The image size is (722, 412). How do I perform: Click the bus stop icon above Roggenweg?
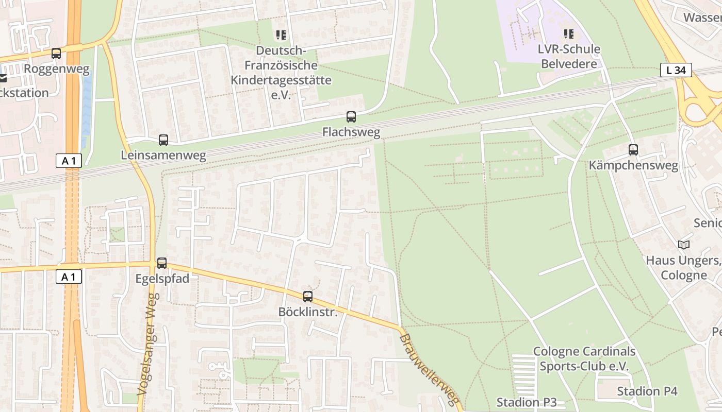tap(56, 53)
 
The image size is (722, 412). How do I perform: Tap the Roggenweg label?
tap(57, 69)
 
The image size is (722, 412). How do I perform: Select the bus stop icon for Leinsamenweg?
tap(163, 140)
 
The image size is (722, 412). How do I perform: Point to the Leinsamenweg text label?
tap(163, 155)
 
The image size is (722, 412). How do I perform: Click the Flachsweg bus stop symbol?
tap(351, 117)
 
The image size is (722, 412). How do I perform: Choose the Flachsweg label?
tap(351, 132)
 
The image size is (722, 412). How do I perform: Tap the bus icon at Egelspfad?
tap(162, 263)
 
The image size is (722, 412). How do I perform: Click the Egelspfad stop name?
tap(162, 279)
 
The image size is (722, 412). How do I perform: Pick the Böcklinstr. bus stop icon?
tap(308, 297)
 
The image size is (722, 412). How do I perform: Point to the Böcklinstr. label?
tap(308, 312)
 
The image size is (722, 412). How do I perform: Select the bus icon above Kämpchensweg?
tap(633, 150)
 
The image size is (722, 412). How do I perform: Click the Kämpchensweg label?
tap(633, 165)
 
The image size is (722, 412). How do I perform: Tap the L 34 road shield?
tap(676, 70)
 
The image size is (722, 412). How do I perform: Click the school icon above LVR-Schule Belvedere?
tap(569, 35)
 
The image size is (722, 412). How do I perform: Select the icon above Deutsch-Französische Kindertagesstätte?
tap(281, 35)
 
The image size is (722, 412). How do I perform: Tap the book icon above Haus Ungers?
tap(684, 245)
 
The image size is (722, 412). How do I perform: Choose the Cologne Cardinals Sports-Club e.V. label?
tap(584, 358)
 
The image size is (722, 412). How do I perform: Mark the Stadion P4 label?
tap(647, 391)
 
